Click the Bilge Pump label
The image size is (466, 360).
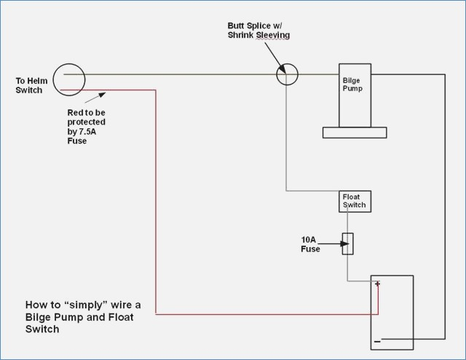(x=352, y=85)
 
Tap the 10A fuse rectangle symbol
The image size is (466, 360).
(x=348, y=243)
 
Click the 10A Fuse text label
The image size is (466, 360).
(x=310, y=244)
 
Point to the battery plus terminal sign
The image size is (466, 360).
(x=377, y=283)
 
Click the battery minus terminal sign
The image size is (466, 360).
(x=377, y=342)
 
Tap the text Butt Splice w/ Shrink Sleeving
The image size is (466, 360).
(x=258, y=31)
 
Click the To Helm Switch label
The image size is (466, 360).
(x=31, y=85)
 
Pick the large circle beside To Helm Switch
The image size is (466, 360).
(x=53, y=79)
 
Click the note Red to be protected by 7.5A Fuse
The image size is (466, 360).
(x=86, y=127)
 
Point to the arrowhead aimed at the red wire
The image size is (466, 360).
(x=102, y=95)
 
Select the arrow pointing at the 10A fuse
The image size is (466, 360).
(x=333, y=244)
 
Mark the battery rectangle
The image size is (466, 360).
(x=371, y=313)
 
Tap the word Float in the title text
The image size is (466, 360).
(x=121, y=317)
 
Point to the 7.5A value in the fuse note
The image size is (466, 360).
(x=87, y=131)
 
